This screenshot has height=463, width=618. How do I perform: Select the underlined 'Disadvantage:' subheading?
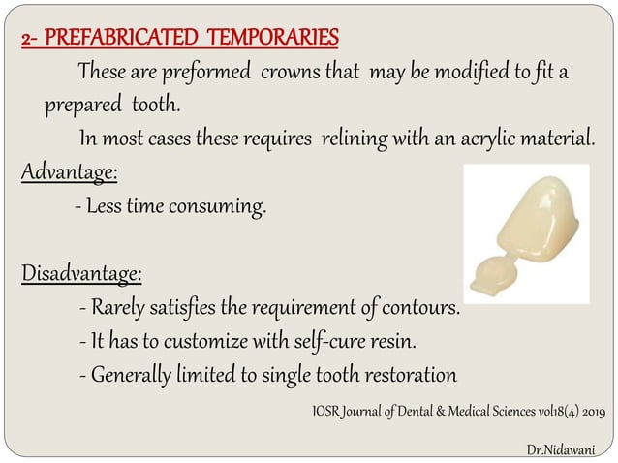[x=82, y=273]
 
